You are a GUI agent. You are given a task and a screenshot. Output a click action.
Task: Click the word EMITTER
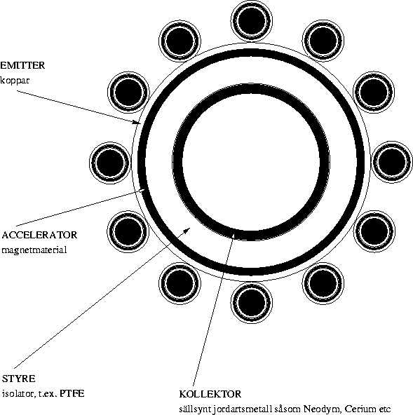pyautogui.click(x=22, y=65)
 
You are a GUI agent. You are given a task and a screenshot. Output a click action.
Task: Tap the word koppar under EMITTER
pyautogui.click(x=15, y=80)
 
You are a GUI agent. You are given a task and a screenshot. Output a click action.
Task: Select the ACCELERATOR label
pyautogui.click(x=39, y=235)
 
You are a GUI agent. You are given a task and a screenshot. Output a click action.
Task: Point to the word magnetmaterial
pyautogui.click(x=34, y=250)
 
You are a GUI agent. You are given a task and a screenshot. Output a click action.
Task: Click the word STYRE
pyautogui.click(x=18, y=379)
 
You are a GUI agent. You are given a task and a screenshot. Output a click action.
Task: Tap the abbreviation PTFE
pyautogui.click(x=72, y=393)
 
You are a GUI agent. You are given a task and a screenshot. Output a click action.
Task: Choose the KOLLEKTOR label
pyautogui.click(x=210, y=394)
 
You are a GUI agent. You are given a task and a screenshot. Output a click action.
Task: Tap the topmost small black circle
pyautogui.click(x=251, y=20)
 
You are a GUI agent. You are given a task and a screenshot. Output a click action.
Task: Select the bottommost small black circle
pyautogui.click(x=251, y=303)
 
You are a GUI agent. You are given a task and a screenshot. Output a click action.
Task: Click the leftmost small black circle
pyautogui.click(x=110, y=163)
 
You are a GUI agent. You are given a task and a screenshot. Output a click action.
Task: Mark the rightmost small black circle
pyautogui.click(x=392, y=162)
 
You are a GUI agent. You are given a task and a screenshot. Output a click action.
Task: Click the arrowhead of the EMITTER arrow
pyautogui.click(x=137, y=122)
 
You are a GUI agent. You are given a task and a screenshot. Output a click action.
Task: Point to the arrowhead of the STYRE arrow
pyautogui.click(x=187, y=230)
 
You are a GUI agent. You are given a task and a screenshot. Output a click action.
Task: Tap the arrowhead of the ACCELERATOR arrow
pyautogui.click(x=142, y=191)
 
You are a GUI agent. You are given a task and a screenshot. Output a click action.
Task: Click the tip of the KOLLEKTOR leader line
pyautogui.click(x=233, y=234)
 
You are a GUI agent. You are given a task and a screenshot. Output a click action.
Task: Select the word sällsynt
pyautogui.click(x=195, y=409)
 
